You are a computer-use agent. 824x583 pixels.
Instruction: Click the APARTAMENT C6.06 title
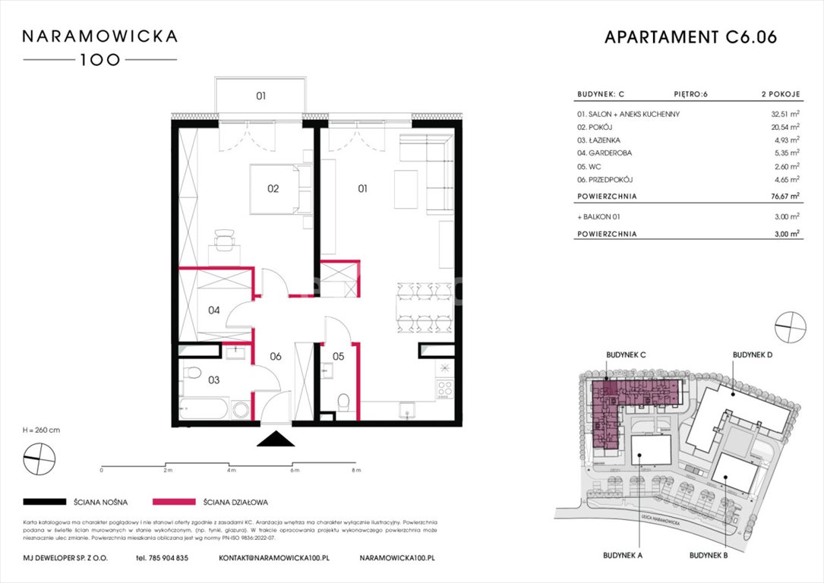point(690,38)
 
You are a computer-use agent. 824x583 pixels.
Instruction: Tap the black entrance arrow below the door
point(275,440)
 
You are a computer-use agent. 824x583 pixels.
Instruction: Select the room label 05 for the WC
point(338,355)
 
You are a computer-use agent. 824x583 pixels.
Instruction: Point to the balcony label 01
point(260,96)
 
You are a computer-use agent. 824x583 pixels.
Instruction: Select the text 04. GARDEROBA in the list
point(605,153)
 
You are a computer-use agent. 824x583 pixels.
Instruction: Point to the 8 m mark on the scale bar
point(356,471)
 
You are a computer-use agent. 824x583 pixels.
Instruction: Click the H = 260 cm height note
point(42,430)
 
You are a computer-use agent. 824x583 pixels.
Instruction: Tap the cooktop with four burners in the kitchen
point(444,388)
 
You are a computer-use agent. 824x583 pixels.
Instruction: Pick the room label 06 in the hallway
point(275,356)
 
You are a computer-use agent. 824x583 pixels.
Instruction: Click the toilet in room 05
point(345,402)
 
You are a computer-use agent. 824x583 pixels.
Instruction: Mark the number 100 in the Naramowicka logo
point(100,60)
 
